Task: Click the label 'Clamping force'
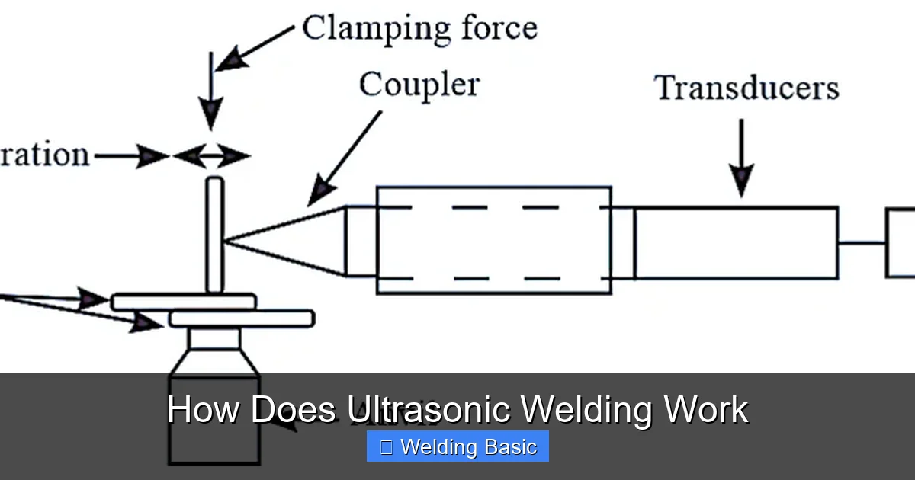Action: click(419, 28)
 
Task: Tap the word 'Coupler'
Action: click(419, 84)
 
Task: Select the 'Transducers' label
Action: click(747, 88)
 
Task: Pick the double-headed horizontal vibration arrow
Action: click(211, 157)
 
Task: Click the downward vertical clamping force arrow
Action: click(211, 99)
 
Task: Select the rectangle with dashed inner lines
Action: click(493, 240)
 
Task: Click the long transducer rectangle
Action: click(736, 242)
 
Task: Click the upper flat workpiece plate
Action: click(183, 302)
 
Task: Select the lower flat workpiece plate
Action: click(241, 318)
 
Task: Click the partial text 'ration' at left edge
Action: click(44, 155)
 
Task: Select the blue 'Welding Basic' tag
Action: click(457, 446)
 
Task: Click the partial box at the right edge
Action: click(901, 242)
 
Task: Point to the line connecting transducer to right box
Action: click(862, 243)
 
